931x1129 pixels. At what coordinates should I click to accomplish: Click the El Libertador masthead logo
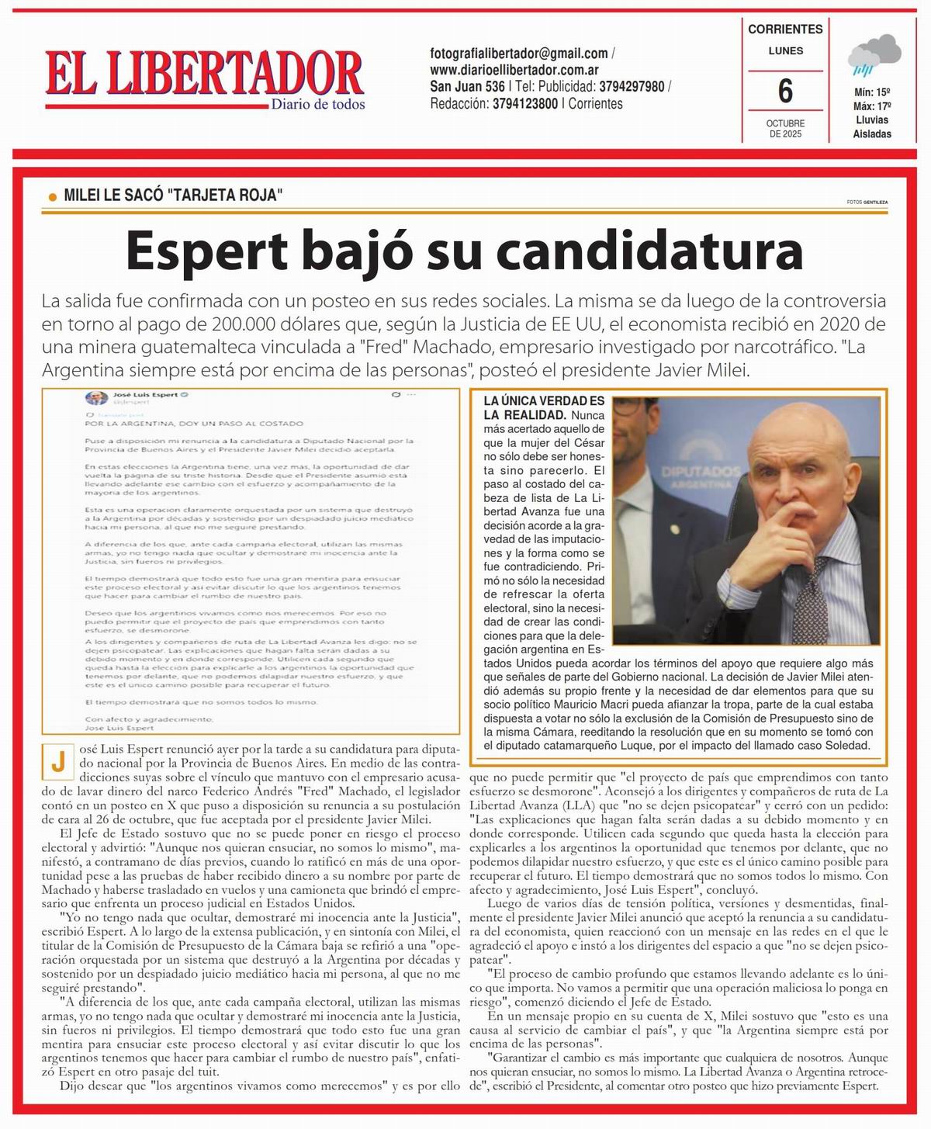pos(204,74)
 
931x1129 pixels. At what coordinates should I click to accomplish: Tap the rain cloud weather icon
pos(873,56)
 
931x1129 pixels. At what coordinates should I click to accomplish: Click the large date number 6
pos(785,92)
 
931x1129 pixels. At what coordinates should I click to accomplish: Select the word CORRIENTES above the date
pos(785,29)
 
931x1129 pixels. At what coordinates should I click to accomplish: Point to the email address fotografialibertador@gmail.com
pos(519,54)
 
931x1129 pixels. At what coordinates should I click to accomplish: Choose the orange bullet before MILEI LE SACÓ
pos(53,197)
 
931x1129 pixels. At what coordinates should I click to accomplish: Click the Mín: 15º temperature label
pos(872,92)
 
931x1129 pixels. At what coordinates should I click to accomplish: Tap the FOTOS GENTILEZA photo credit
pos(867,202)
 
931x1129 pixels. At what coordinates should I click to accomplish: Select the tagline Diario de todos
pos(318,105)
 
